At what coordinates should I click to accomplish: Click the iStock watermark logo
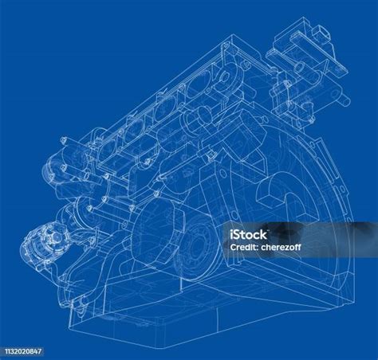tap(248, 235)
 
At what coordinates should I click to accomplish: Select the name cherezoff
tap(281, 247)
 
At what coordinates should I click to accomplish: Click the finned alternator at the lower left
tap(42, 244)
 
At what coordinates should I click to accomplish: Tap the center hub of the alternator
tap(55, 237)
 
